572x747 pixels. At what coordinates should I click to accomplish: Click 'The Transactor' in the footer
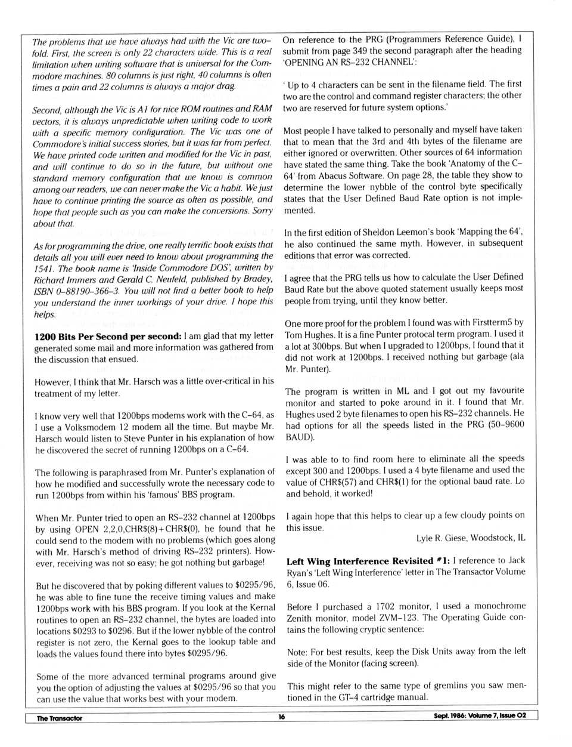[60, 718]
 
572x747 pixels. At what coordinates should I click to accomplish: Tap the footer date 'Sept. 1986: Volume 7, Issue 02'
[480, 716]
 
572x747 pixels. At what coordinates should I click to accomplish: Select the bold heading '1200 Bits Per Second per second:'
[108, 337]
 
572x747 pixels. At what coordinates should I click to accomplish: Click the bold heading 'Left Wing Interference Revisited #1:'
[368, 561]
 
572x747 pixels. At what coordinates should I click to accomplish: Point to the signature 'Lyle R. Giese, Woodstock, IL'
[471, 538]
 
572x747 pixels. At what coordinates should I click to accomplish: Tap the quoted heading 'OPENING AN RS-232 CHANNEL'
[349, 62]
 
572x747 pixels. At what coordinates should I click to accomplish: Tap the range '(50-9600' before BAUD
[503, 425]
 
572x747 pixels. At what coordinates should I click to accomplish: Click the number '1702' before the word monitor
[385, 606]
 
